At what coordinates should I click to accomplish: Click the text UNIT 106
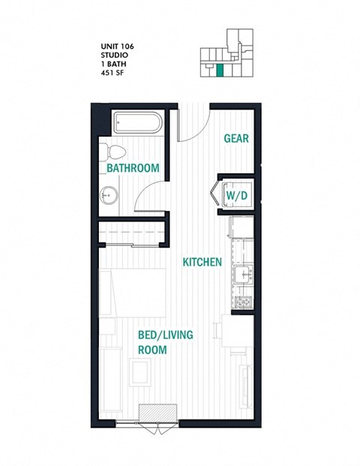(118, 47)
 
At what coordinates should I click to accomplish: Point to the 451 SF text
(113, 73)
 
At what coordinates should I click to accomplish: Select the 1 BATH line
(112, 64)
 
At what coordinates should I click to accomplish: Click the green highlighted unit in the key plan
(220, 71)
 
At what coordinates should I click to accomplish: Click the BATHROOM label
(133, 168)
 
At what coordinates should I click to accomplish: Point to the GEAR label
(236, 139)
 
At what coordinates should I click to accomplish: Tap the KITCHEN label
(202, 262)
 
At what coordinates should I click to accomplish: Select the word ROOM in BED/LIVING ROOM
(151, 350)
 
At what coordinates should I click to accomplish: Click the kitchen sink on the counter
(242, 275)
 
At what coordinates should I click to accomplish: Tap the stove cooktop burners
(242, 303)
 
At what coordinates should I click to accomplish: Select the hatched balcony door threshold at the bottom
(157, 413)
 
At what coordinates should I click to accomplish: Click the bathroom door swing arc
(150, 197)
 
